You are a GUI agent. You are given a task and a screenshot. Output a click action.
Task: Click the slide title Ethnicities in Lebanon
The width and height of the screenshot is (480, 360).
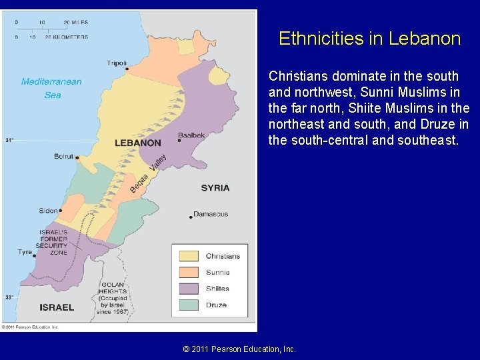[369, 39]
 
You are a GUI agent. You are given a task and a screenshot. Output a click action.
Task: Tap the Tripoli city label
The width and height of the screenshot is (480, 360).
[117, 63]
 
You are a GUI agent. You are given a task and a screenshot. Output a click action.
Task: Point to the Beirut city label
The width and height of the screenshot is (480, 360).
[64, 157]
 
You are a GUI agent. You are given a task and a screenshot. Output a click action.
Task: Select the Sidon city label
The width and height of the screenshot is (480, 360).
[48, 211]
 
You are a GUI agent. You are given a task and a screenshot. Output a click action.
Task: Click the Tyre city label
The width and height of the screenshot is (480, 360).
[25, 252]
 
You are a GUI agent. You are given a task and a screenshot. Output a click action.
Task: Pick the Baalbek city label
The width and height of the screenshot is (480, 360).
[191, 135]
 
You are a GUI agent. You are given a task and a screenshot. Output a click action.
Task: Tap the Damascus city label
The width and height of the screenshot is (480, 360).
[211, 214]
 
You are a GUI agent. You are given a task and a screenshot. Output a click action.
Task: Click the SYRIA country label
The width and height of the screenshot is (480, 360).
[215, 188]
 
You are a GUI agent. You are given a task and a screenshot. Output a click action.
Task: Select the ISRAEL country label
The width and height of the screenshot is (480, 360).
[57, 307]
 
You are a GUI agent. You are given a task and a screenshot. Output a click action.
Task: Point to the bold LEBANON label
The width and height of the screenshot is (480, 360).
[137, 143]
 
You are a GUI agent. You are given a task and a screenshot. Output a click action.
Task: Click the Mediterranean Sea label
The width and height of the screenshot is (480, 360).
[51, 88]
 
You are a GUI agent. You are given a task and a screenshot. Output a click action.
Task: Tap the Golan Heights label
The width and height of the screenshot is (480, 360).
[112, 297]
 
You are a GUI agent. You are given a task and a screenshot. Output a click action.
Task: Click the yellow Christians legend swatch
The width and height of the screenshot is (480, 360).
[189, 256]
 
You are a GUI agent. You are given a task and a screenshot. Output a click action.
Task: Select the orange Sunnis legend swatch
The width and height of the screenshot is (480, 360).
[189, 272]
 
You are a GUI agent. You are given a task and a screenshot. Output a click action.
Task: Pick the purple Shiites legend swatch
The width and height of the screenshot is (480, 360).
[189, 289]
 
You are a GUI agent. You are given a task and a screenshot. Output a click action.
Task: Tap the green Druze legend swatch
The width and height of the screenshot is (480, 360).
[189, 305]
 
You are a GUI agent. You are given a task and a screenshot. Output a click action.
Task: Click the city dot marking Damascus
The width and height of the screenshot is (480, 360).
[190, 215]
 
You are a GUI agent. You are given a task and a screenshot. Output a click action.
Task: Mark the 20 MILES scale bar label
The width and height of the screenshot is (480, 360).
[77, 22]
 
